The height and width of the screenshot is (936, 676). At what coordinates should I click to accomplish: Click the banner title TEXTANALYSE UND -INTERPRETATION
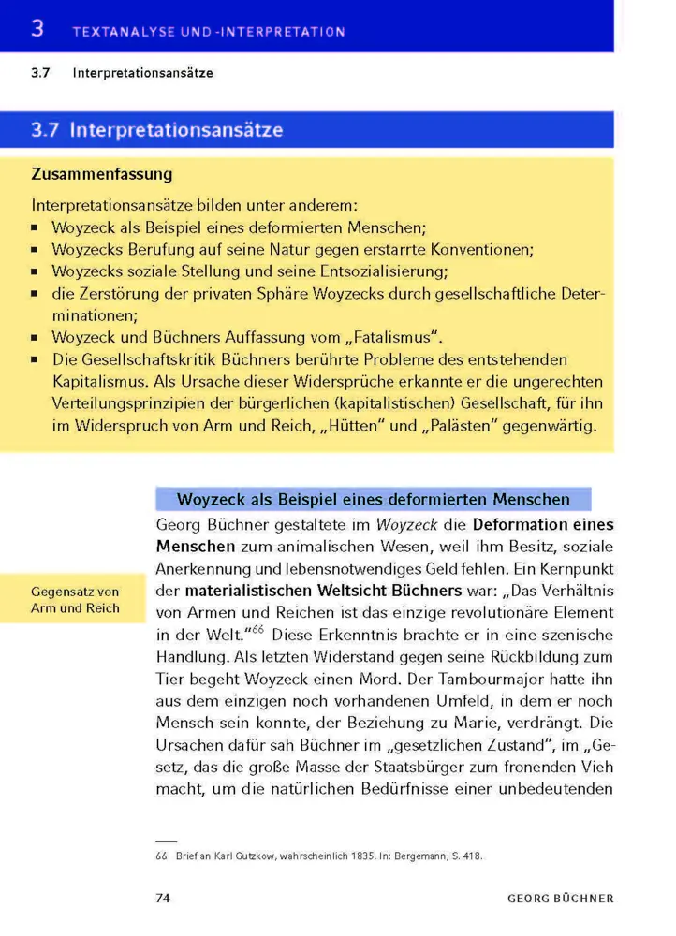coord(208,32)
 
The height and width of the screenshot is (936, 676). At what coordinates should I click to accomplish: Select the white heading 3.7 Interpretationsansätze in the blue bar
coord(156,130)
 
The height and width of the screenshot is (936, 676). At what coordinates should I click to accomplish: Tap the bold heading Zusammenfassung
coord(101,174)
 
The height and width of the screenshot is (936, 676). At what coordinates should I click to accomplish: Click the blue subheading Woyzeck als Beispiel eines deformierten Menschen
coord(374,498)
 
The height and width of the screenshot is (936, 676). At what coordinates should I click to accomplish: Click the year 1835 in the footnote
coord(347,856)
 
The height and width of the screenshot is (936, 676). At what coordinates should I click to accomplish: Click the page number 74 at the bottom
coord(162,899)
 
